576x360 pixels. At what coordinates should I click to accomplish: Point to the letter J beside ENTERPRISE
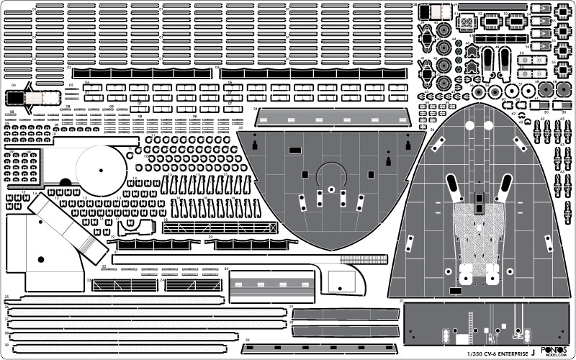533,352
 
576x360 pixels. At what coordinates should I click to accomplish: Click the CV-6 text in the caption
480,353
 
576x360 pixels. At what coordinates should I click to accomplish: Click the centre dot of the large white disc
101,170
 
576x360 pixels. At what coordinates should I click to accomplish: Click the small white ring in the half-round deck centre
330,189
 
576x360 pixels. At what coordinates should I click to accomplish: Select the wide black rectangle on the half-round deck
294,150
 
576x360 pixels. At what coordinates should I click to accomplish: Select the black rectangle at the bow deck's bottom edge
455,292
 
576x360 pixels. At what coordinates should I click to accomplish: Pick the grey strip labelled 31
346,315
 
